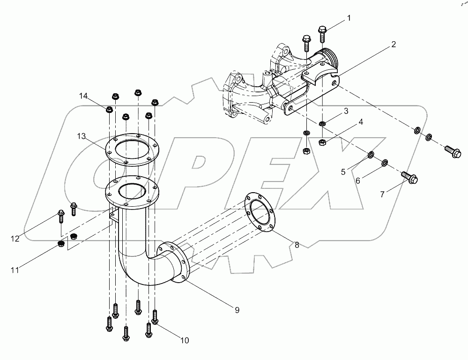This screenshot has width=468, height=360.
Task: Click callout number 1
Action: [349, 18]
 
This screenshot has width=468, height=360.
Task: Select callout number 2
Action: [394, 45]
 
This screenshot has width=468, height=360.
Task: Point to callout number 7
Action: [382, 194]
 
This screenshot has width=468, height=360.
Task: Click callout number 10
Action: [185, 341]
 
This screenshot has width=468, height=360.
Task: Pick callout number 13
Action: [82, 136]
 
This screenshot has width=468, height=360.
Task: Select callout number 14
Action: [83, 96]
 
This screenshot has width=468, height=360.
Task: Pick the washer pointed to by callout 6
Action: [385, 163]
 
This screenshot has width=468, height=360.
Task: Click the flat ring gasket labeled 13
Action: [131, 150]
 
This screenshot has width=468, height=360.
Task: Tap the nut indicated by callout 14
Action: [109, 110]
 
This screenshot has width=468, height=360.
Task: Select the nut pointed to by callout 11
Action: [60, 244]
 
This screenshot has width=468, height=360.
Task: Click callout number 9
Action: [237, 309]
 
